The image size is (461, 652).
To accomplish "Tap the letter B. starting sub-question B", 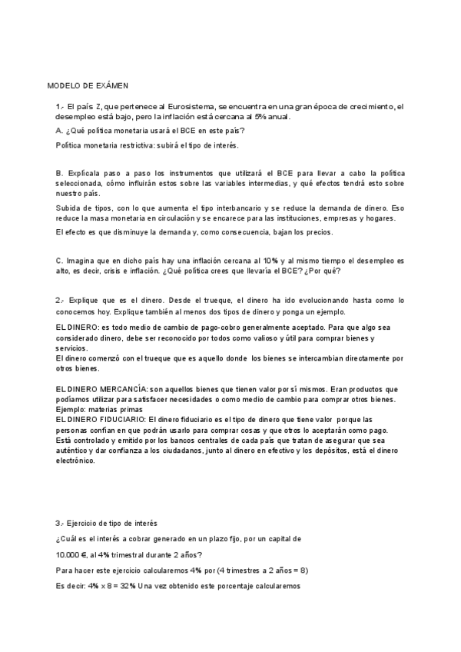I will [59, 175].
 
